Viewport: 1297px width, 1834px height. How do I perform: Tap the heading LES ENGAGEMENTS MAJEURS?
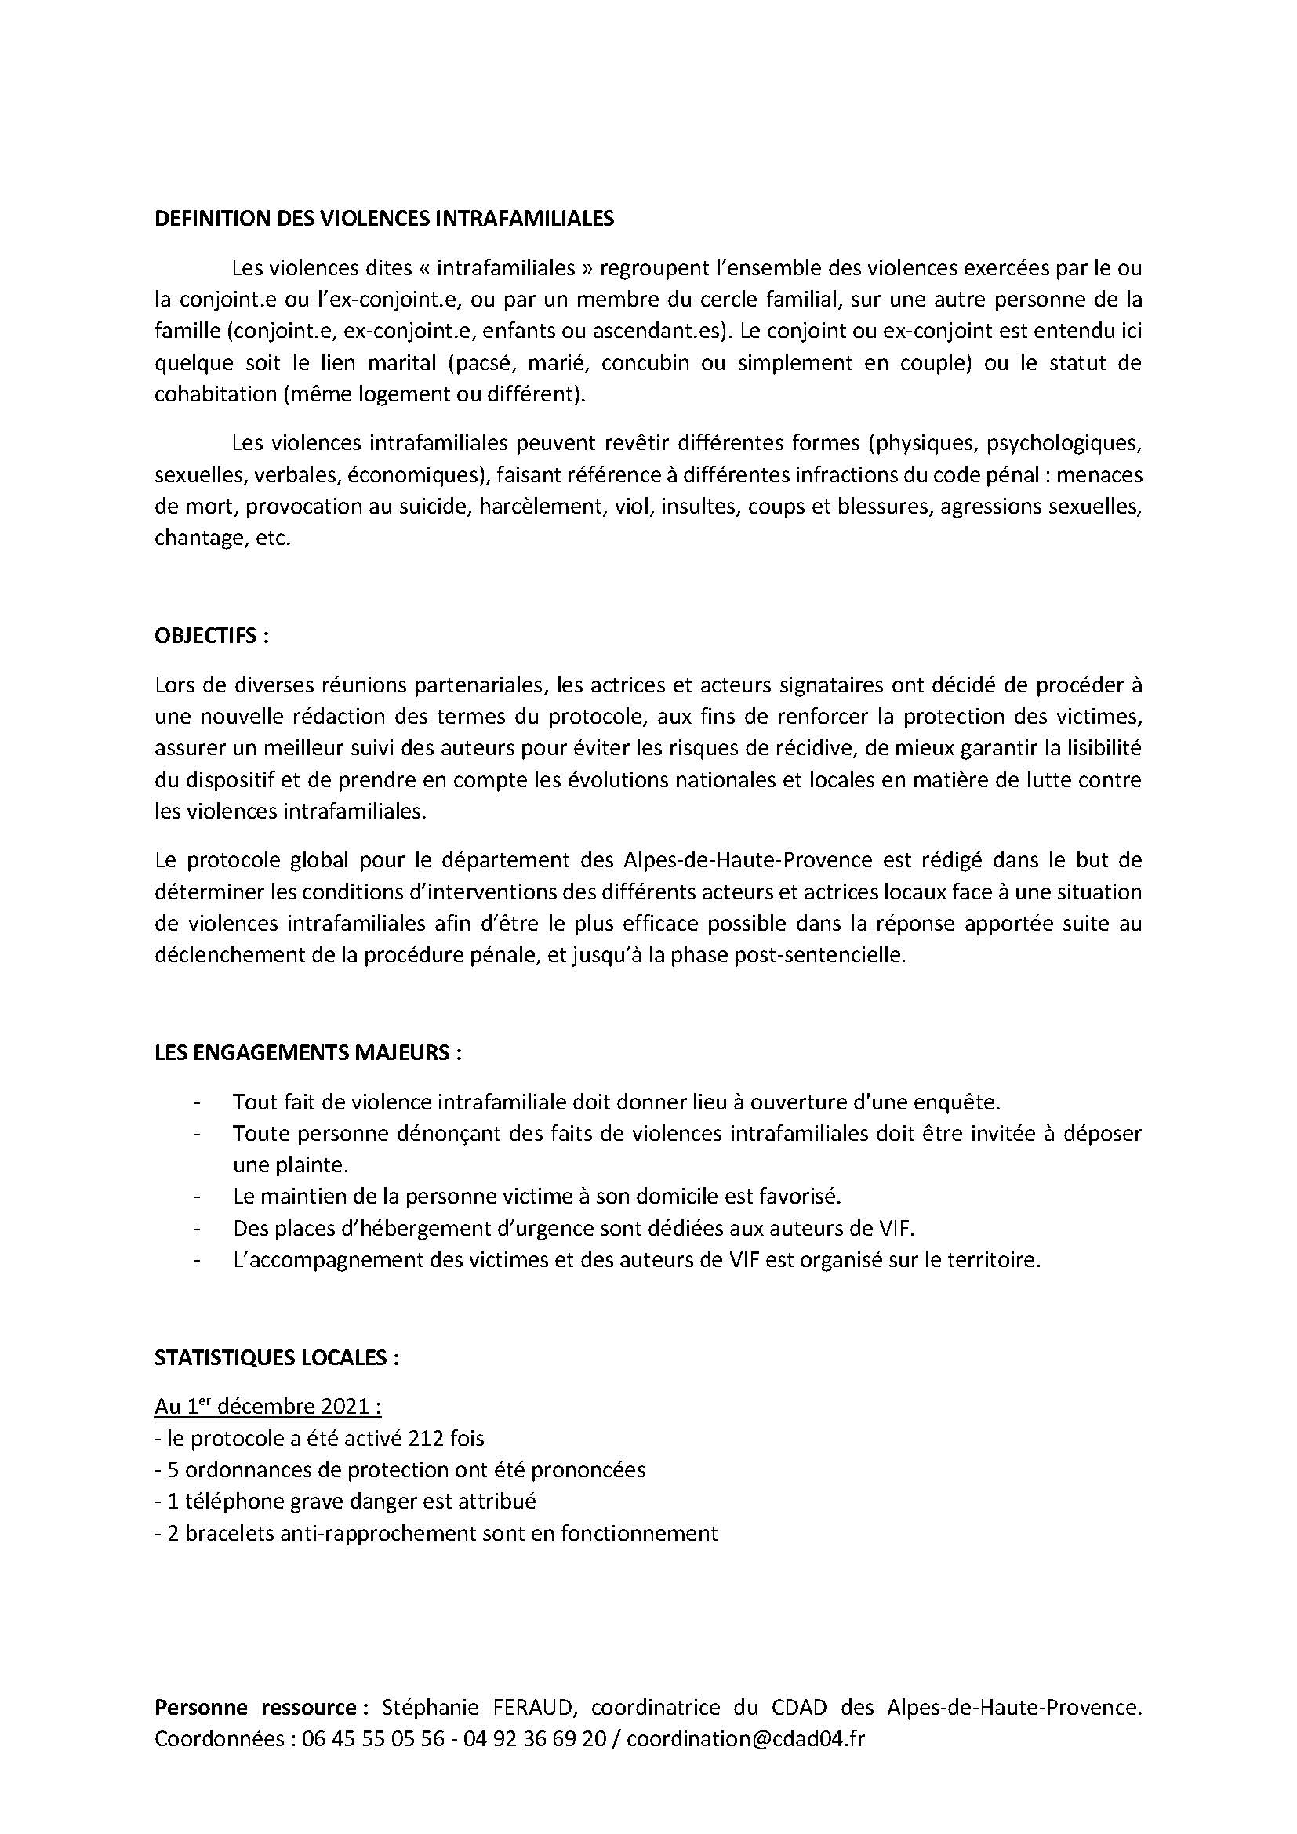click(307, 1053)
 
